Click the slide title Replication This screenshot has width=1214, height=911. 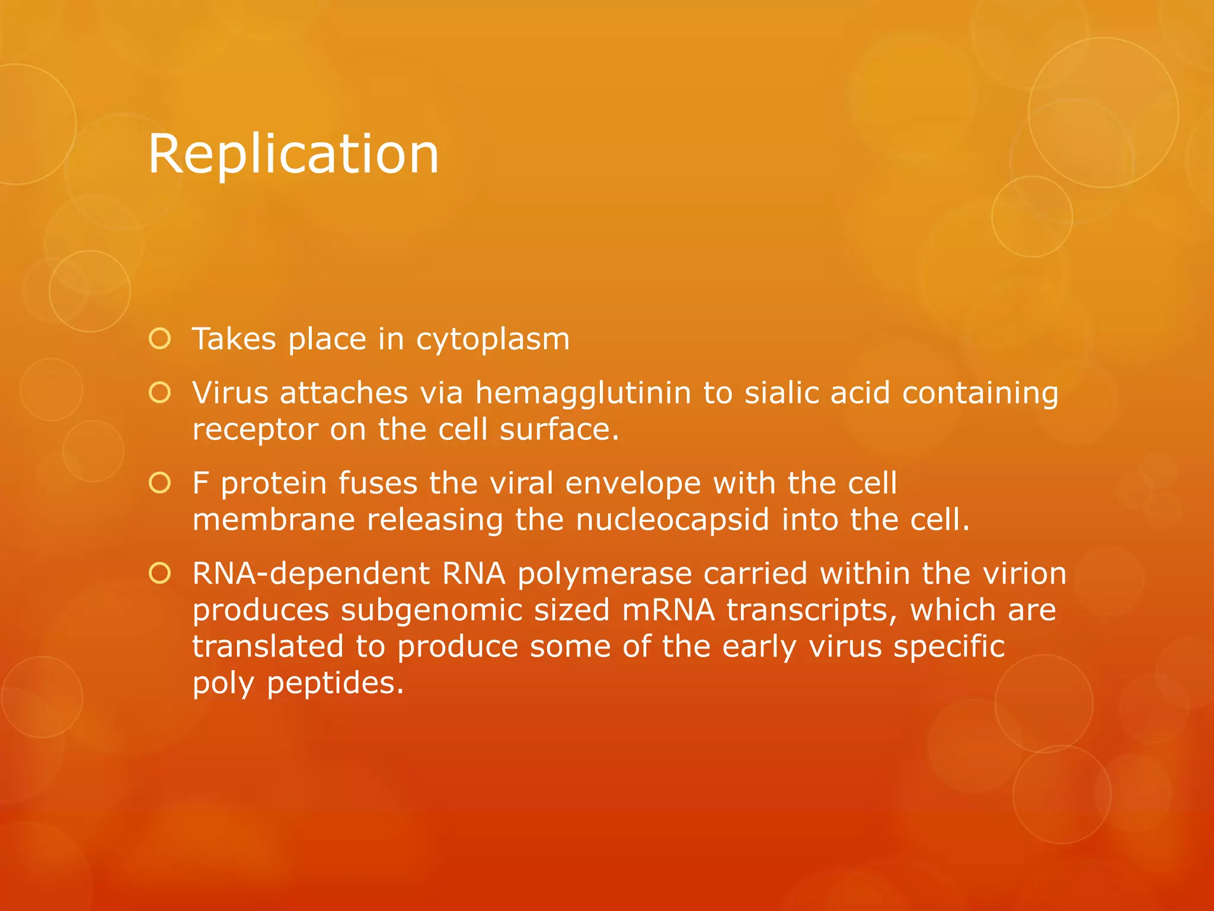(293, 154)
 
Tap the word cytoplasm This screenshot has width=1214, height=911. (493, 340)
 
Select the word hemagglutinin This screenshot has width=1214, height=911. (583, 393)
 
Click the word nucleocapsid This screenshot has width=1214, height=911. (672, 520)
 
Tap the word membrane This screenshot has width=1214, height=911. (273, 520)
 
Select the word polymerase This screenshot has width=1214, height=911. (605, 574)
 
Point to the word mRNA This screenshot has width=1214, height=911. (668, 611)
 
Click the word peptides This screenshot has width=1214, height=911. (335, 683)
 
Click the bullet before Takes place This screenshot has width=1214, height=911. (160, 339)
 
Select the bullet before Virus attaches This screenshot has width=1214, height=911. (160, 393)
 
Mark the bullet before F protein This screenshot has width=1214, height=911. (160, 483)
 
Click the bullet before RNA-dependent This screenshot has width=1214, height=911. (160, 574)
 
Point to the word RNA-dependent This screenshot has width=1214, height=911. (311, 574)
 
